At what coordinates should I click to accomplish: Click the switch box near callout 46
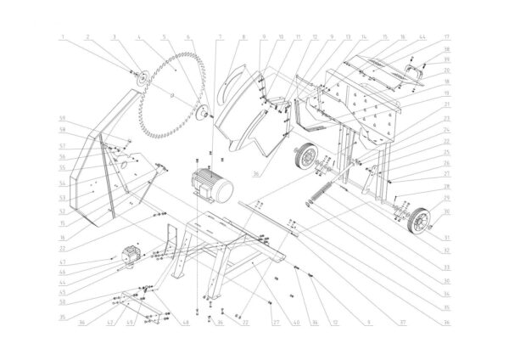[131, 256]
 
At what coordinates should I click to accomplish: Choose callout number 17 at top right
[445, 37]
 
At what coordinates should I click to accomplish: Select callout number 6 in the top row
[189, 37]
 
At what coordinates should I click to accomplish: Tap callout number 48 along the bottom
[187, 323]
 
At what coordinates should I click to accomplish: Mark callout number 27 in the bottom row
[275, 323]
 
